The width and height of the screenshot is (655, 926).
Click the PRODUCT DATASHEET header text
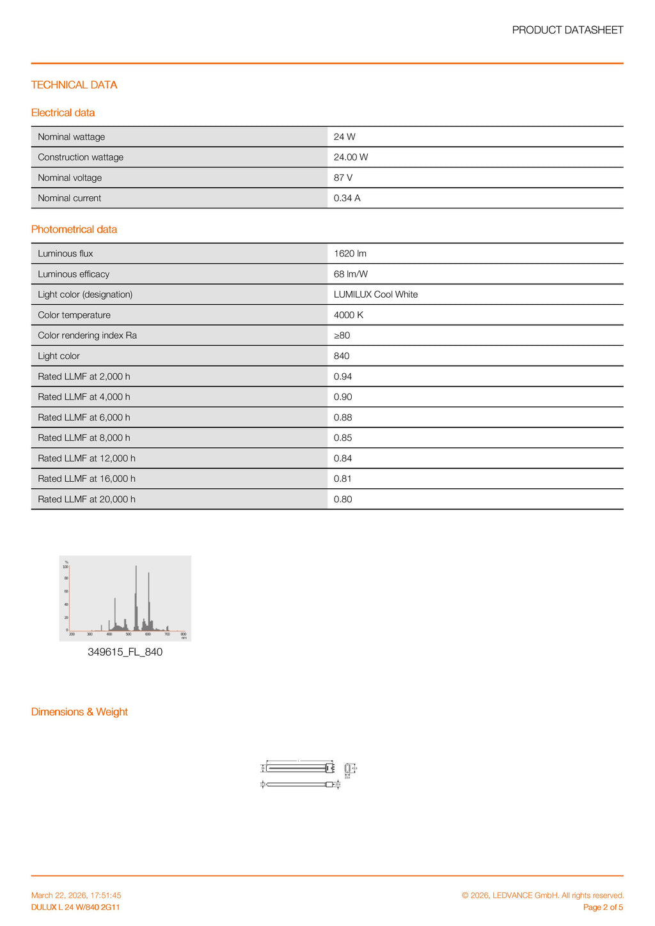[567, 30]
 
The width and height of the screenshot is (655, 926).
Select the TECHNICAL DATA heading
[74, 85]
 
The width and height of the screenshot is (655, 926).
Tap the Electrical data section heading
[63, 112]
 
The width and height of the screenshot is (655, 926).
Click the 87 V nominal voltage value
[343, 178]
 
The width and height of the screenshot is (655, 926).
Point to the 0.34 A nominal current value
[347, 198]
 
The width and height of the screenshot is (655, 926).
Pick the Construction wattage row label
[81, 157]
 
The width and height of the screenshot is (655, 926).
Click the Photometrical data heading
[74, 229]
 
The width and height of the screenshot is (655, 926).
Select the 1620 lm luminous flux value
[350, 254]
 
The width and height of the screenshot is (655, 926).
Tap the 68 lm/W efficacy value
[351, 274]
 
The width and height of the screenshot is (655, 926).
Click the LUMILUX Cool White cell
[375, 295]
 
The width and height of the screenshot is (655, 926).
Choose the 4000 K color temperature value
[349, 315]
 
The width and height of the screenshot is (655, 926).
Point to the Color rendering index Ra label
[87, 336]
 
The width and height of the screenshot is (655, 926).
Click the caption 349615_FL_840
[125, 652]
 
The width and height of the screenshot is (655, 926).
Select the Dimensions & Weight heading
[79, 712]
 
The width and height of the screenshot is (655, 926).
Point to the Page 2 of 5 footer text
[603, 907]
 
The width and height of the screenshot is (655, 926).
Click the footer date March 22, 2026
[76, 895]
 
